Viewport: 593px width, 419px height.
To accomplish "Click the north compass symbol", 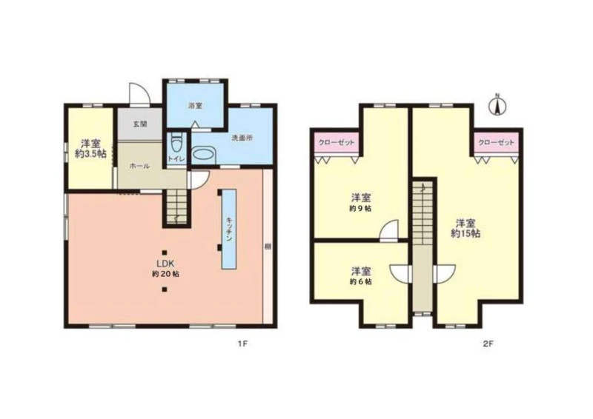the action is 497,104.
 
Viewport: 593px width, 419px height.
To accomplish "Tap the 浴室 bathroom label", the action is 195,106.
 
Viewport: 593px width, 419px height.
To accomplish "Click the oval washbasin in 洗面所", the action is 203,155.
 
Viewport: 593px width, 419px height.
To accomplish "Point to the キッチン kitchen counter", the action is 229,229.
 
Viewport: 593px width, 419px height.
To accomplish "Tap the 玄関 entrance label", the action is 139,124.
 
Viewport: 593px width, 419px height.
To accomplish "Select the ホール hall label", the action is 140,167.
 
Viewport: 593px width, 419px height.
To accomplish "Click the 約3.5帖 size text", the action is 90,154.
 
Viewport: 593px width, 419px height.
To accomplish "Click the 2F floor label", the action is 488,343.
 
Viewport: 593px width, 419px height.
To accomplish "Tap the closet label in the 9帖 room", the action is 337,142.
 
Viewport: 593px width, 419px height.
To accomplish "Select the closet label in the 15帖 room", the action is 496,142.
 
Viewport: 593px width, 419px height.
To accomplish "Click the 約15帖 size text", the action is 466,233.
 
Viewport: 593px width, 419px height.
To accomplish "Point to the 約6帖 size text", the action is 361,281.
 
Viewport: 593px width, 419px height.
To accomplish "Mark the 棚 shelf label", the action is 268,247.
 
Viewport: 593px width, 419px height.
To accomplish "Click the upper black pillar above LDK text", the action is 164,252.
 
